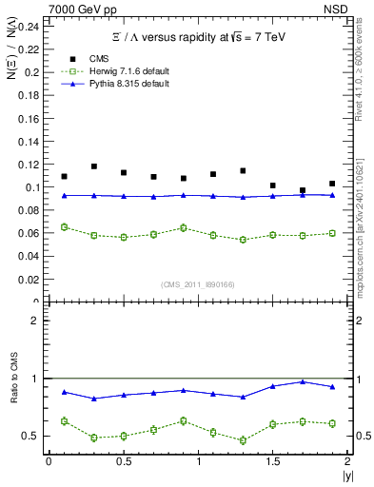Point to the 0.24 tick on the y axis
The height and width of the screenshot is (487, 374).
[30, 26]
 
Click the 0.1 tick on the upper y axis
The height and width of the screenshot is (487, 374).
[33, 187]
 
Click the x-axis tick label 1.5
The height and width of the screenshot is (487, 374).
[272, 461]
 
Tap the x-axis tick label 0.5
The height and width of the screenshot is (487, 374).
[123, 461]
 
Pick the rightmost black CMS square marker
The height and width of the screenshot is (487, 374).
[332, 184]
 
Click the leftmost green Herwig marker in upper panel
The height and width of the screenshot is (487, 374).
[65, 226]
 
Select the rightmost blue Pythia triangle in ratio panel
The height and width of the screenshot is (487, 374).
[332, 387]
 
